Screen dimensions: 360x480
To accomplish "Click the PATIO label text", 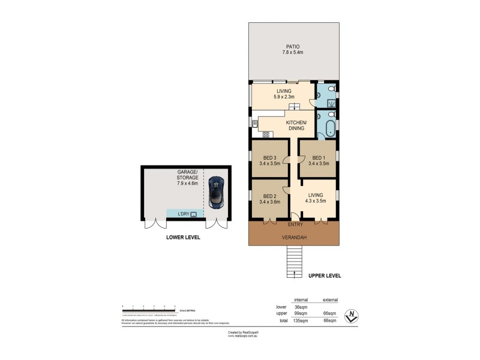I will [293, 47].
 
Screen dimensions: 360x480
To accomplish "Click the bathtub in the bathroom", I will [330, 127].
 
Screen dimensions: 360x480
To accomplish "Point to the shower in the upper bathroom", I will [331, 103].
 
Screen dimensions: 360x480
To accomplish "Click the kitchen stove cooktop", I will [266, 134].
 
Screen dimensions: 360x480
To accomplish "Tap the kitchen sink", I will [254, 124].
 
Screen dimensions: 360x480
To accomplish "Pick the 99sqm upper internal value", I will [301, 313].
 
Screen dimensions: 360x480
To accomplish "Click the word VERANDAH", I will [294, 237].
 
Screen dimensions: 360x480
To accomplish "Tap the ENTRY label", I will [295, 224].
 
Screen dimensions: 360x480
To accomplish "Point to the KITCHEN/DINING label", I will [295, 125].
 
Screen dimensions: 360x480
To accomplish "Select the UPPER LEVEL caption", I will [325, 276].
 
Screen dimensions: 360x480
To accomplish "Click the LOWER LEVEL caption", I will [183, 238].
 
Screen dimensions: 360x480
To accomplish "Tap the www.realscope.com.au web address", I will [242, 336].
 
